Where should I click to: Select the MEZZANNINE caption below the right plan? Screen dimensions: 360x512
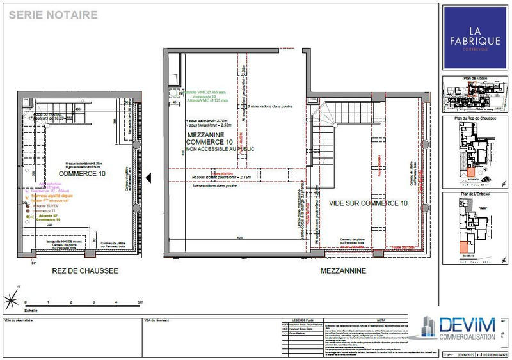pyautogui.click(x=344, y=270)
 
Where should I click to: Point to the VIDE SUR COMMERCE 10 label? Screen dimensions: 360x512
pyautogui.click(x=368, y=203)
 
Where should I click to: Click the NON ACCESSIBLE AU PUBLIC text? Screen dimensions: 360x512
pyautogui.click(x=220, y=149)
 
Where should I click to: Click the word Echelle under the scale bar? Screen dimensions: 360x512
pyautogui.click(x=31, y=309)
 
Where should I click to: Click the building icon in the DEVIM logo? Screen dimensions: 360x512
pyautogui.click(x=424, y=328)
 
